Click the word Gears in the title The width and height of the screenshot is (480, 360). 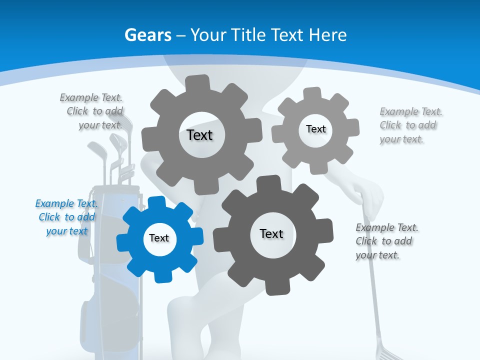pos(147,35)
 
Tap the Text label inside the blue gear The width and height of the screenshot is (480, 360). pos(159,238)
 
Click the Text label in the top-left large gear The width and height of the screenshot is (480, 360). pos(199,135)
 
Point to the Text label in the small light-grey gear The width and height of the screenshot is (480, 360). pos(315,129)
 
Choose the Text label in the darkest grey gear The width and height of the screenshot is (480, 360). pos(271,233)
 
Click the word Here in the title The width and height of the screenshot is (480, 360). pos(327,35)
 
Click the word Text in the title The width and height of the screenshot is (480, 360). pos(287,35)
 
